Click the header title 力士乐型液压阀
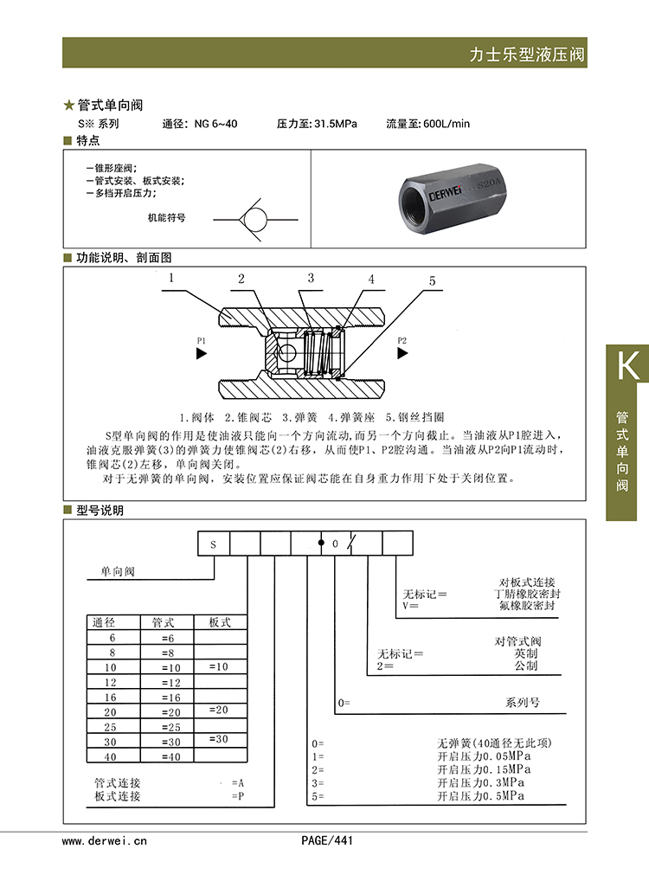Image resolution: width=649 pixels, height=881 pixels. click(x=527, y=55)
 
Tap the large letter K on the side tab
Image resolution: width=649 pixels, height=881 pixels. click(x=627, y=366)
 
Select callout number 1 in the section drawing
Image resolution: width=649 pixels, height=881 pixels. click(x=171, y=279)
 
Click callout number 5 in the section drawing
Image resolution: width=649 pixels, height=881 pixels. click(x=433, y=281)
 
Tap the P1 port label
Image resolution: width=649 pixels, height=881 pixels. click(x=201, y=340)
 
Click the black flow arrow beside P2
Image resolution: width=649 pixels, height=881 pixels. click(x=402, y=353)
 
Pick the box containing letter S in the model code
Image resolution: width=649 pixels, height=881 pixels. click(x=214, y=544)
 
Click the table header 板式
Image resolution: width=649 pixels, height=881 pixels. click(x=220, y=622)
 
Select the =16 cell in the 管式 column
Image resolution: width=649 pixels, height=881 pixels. click(x=170, y=698)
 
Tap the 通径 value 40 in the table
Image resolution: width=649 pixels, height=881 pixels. click(x=111, y=757)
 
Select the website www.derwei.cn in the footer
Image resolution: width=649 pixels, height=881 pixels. click(x=105, y=840)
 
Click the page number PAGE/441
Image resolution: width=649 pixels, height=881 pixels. click(x=327, y=840)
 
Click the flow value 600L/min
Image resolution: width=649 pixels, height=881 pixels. click(x=447, y=124)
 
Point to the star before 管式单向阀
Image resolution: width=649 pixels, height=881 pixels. click(x=69, y=106)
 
